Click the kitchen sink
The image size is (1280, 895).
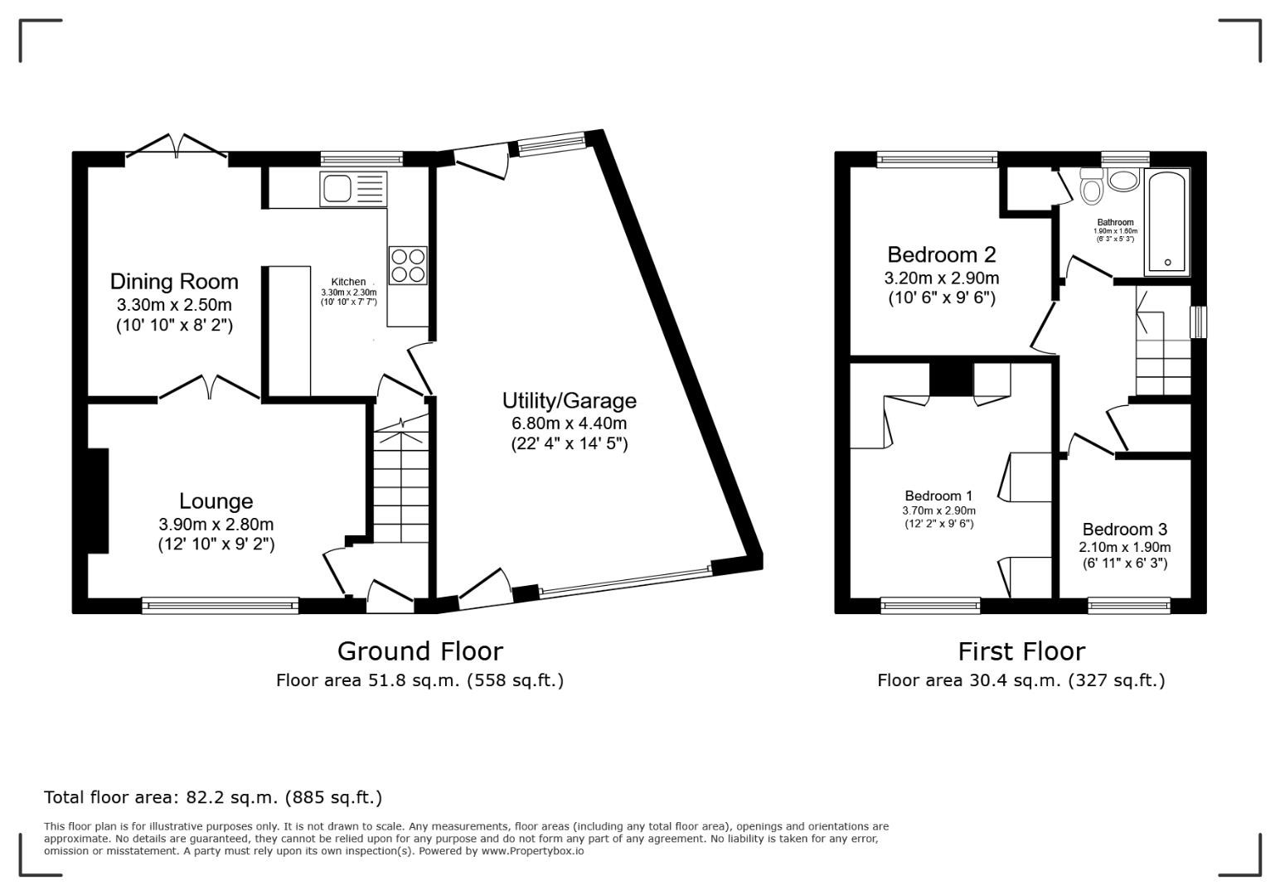pos(353,189)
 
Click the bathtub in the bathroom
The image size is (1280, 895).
pos(1167,222)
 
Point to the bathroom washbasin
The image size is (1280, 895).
pos(1123,180)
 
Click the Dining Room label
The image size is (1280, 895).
pos(174,282)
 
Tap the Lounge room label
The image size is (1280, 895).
pos(216,501)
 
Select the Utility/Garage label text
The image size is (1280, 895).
pos(569,401)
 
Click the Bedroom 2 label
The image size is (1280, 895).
pos(941,254)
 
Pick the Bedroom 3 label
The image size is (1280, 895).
pos(1124,530)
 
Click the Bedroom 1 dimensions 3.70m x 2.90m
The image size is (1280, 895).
pos(938,511)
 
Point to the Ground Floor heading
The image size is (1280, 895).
pos(419,651)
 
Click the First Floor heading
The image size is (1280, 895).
pos(1021,651)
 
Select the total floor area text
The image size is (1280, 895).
pos(213,798)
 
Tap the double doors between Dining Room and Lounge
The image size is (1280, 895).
pos(209,388)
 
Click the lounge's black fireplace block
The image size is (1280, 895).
pos(98,501)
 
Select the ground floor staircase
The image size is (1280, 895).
pos(401,481)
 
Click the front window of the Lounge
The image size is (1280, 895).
pos(220,606)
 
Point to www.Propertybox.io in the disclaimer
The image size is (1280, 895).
pos(532,851)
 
